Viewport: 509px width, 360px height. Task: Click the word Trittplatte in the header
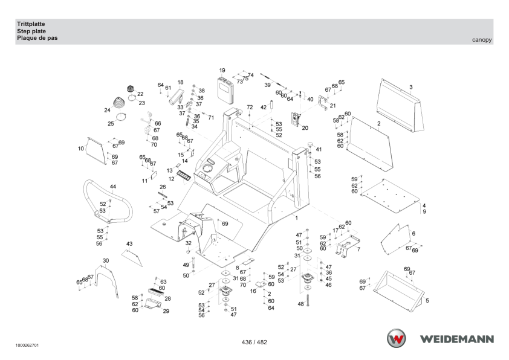click(31, 24)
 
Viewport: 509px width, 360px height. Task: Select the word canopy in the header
click(482, 40)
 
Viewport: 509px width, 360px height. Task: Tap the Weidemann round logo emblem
click(396, 338)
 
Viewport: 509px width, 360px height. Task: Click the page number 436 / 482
click(254, 342)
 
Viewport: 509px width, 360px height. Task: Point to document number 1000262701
click(27, 346)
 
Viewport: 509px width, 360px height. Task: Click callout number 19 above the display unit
click(222, 71)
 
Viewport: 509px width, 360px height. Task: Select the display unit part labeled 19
click(225, 90)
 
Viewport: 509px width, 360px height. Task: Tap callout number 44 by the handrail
click(112, 187)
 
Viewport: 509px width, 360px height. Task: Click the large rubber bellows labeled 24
click(120, 104)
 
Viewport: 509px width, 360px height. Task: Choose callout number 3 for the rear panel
click(411, 87)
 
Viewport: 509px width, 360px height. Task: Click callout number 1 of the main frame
click(296, 218)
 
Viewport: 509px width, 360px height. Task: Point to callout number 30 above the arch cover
click(106, 261)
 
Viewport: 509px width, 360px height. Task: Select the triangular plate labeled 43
click(132, 257)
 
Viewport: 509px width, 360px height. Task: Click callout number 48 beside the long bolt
click(301, 304)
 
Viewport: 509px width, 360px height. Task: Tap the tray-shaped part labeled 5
click(398, 291)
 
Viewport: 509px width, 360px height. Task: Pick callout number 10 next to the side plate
click(81, 149)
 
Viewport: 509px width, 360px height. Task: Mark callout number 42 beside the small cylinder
click(263, 108)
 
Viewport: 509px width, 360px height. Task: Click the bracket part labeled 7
click(348, 246)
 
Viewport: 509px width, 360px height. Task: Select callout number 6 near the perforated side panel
click(413, 234)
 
